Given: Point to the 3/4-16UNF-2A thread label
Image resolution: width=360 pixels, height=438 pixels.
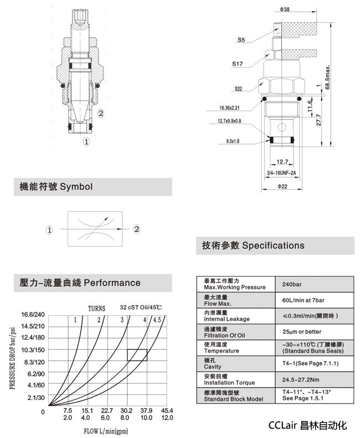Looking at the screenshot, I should click(282, 173).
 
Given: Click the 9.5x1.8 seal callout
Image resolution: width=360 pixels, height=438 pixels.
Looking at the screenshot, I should click(234, 141).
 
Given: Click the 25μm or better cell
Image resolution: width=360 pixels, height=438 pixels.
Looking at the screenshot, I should click(301, 332).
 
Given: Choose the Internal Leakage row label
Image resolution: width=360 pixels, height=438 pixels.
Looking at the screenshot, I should click(227, 319).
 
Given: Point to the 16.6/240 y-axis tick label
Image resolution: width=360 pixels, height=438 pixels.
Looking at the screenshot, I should click(33, 315).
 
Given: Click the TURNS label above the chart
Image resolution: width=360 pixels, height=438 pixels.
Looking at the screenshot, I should click(97, 308).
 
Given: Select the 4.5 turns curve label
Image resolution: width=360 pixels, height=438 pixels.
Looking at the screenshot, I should click(157, 320).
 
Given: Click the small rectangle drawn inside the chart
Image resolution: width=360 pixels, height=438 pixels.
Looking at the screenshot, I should click(137, 355).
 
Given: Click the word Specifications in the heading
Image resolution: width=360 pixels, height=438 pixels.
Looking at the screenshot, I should click(274, 245).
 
